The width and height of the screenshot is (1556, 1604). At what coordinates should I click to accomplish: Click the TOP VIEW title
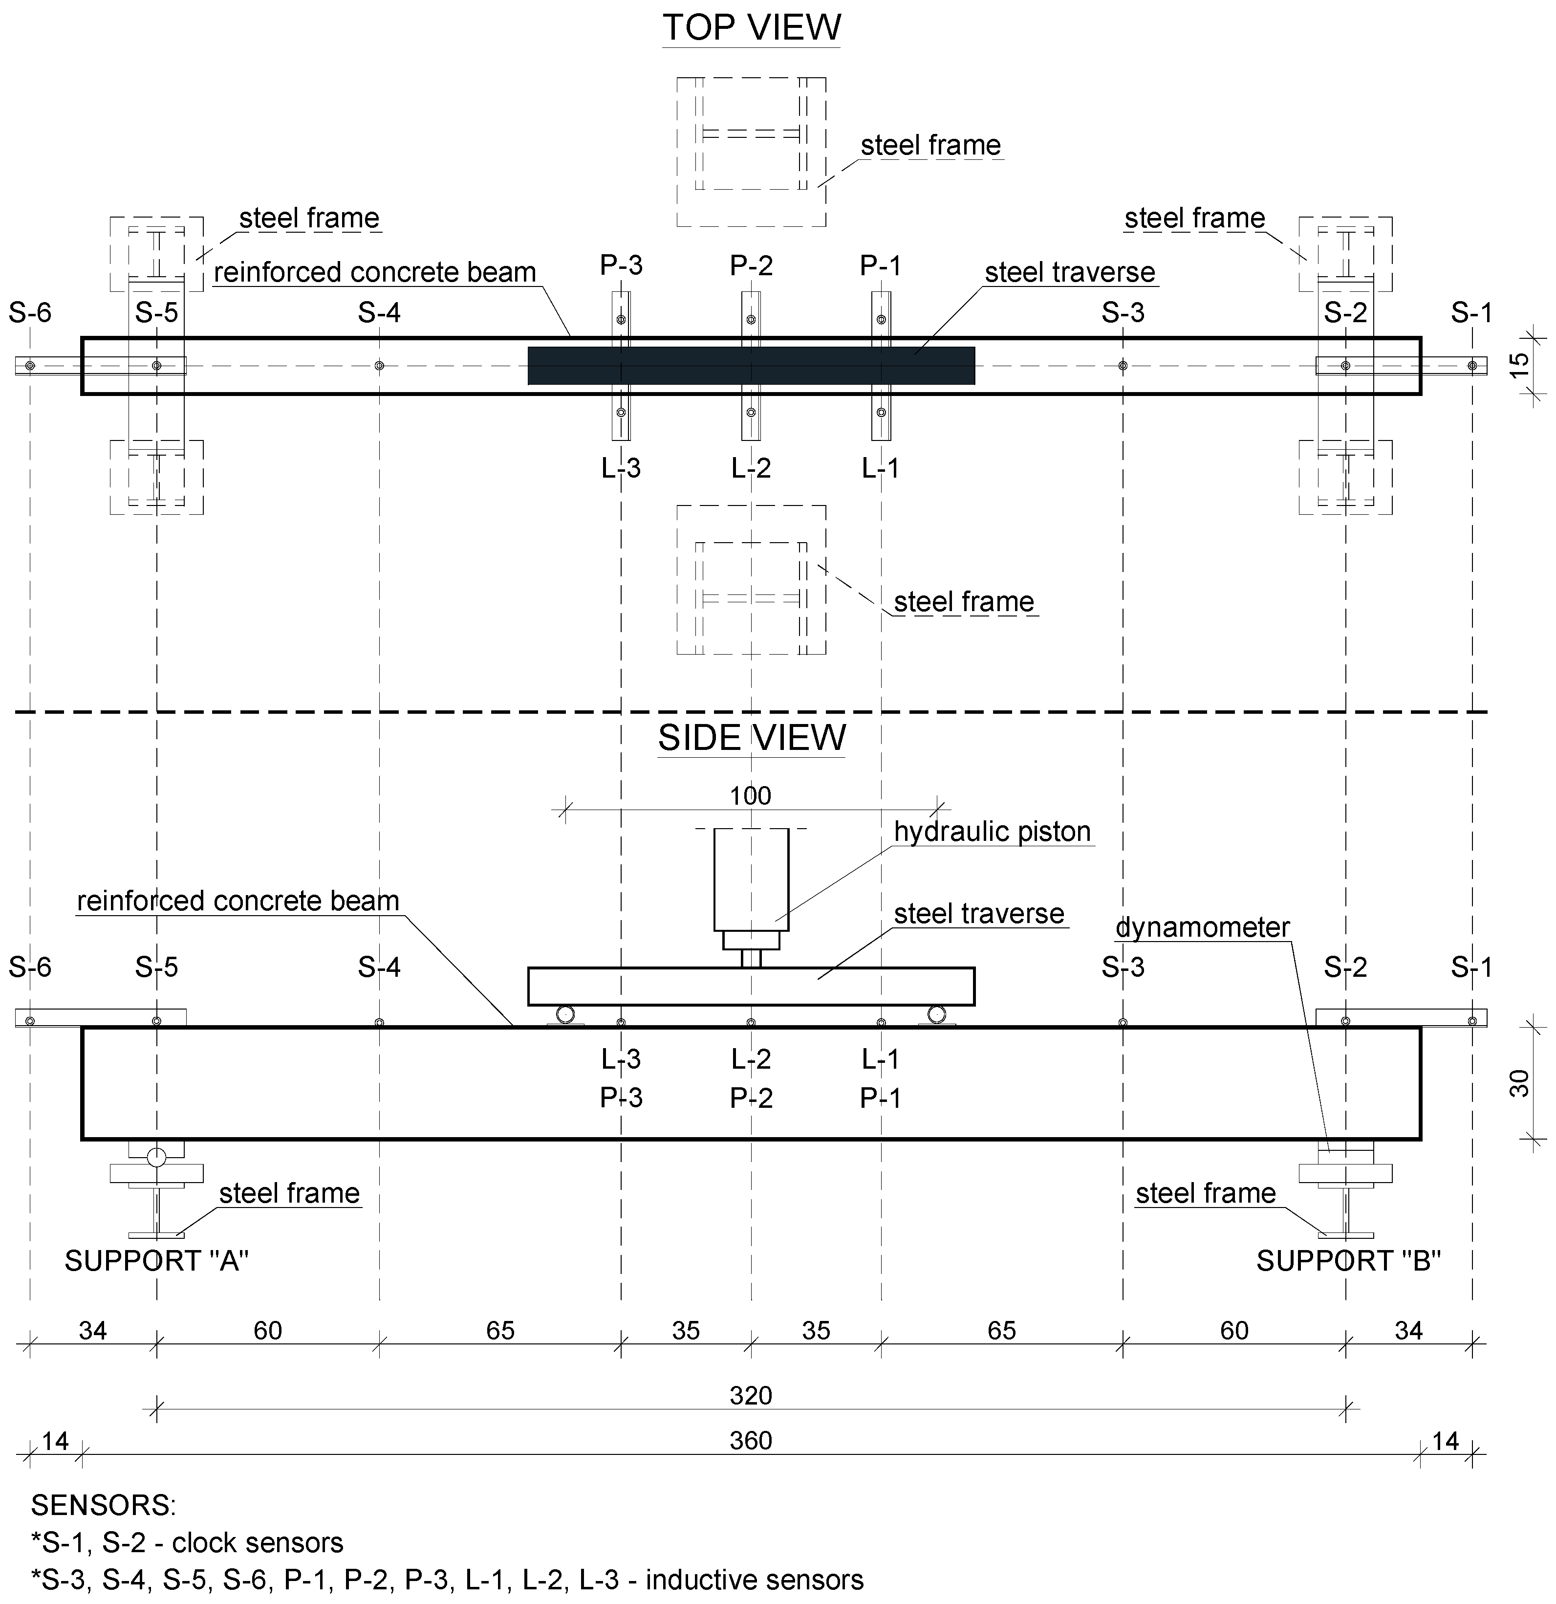pyautogui.click(x=751, y=28)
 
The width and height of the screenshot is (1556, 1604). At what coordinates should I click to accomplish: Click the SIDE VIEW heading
pyautogui.click(x=751, y=738)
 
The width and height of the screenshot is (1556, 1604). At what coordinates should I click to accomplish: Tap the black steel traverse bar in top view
pyautogui.click(x=751, y=366)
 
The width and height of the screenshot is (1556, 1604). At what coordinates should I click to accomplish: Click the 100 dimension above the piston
pyautogui.click(x=750, y=795)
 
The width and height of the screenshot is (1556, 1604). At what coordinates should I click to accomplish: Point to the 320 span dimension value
pyautogui.click(x=750, y=1395)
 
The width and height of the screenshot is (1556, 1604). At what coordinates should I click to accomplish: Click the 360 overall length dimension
pyautogui.click(x=750, y=1440)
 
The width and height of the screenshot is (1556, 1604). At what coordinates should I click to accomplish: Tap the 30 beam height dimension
pyautogui.click(x=1519, y=1083)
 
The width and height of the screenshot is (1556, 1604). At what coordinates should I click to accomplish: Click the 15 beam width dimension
pyautogui.click(x=1519, y=365)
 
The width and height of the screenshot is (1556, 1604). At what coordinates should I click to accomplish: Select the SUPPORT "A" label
pyautogui.click(x=156, y=1261)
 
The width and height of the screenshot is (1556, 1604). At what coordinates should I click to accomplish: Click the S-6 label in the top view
pyautogui.click(x=30, y=312)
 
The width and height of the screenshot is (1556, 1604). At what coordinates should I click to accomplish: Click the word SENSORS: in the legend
pyautogui.click(x=103, y=1505)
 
